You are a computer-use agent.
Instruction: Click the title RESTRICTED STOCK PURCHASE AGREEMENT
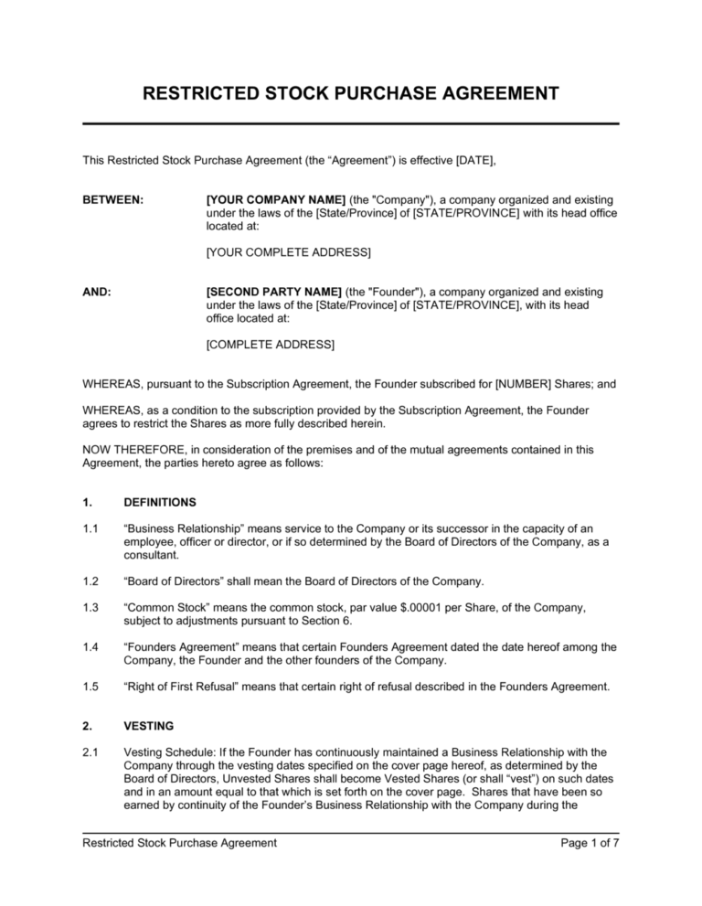click(350, 93)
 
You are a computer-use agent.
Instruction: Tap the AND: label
click(97, 293)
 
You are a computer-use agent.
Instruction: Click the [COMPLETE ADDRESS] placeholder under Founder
click(271, 345)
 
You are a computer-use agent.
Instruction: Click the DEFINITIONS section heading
click(160, 502)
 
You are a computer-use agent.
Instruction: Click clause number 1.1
click(90, 528)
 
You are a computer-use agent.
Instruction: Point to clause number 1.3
click(90, 607)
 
